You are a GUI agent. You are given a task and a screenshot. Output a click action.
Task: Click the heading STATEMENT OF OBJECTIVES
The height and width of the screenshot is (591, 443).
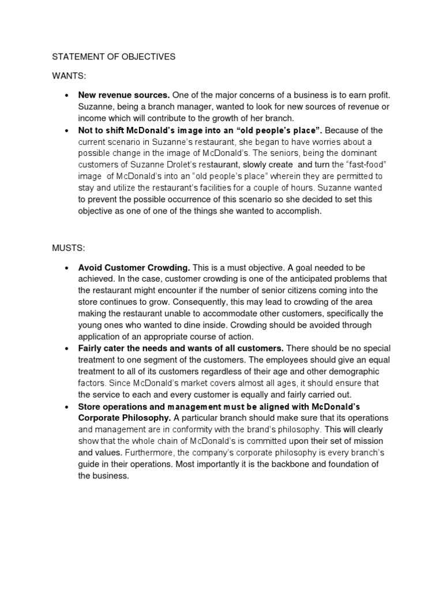point(114,57)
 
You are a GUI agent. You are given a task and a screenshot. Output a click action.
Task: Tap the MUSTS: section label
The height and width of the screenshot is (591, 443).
point(69,248)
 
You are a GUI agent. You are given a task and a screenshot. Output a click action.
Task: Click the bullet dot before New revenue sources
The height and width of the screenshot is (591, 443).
point(67,95)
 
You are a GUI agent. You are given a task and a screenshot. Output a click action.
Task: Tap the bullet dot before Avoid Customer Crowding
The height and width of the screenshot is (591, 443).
point(67,268)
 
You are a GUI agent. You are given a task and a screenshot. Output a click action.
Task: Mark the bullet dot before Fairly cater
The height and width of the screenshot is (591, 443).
point(67,349)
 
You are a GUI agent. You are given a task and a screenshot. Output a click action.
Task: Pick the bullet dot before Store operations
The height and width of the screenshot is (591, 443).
point(67,406)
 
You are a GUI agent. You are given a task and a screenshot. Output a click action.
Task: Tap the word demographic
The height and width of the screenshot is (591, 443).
point(352,372)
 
